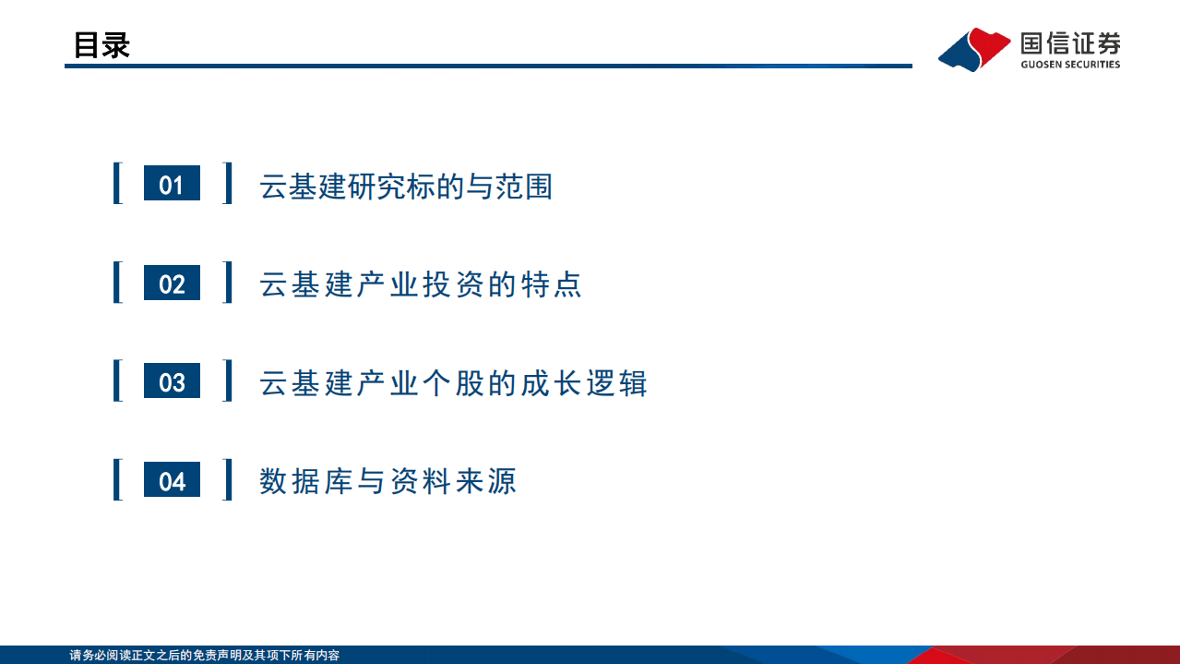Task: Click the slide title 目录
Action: tap(101, 44)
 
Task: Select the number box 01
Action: tap(172, 184)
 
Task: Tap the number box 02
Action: tap(172, 283)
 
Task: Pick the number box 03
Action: tap(172, 381)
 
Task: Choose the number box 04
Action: tap(172, 480)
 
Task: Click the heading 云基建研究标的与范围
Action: tap(406, 186)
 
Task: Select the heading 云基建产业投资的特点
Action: tap(421, 284)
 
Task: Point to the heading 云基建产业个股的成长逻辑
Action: tap(453, 383)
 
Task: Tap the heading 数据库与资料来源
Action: tap(387, 481)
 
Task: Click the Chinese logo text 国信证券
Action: tap(1070, 42)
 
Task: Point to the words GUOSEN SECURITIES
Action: tap(1070, 65)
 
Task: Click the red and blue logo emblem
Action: tap(973, 48)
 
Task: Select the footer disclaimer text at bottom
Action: tap(205, 655)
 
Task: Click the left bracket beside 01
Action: tap(117, 184)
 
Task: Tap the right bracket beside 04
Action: tap(227, 480)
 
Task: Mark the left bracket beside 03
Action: tap(117, 381)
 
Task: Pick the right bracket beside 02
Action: tap(227, 283)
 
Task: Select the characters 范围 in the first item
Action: tap(522, 186)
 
